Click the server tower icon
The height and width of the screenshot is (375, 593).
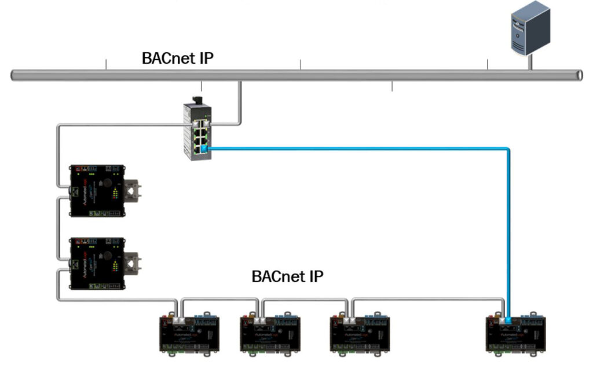[529, 27]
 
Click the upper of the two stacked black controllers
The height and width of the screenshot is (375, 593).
[96, 191]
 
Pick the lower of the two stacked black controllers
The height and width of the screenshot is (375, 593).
[96, 263]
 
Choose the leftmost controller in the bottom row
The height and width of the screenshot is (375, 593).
[189, 333]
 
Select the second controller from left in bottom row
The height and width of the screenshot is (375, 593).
[270, 333]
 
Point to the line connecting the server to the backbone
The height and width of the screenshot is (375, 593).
[530, 62]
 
